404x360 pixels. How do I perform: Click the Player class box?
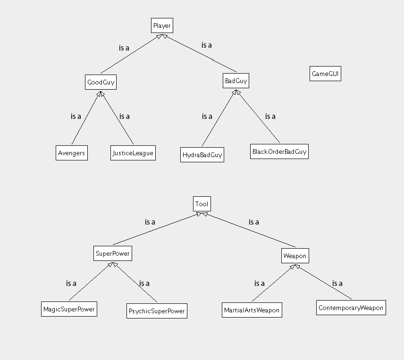161,25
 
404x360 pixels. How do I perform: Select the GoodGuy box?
101,82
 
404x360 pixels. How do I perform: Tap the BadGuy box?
236,81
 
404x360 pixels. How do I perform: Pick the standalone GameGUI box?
325,74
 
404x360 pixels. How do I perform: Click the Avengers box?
71,153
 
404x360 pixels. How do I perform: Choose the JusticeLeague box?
133,153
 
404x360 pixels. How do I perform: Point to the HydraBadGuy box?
202,155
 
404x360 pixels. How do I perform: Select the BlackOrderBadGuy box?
279,151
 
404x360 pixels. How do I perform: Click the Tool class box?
202,204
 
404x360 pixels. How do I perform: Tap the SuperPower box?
112,253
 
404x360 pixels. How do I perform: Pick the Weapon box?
295,256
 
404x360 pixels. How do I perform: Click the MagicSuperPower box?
69,310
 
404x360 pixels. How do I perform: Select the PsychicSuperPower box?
157,311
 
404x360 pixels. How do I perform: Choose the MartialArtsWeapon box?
252,310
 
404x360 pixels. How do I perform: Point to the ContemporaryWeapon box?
351,308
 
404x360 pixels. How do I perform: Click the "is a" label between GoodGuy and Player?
124,48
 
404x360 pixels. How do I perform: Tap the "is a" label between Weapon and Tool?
253,222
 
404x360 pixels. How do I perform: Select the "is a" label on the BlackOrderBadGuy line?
270,116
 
